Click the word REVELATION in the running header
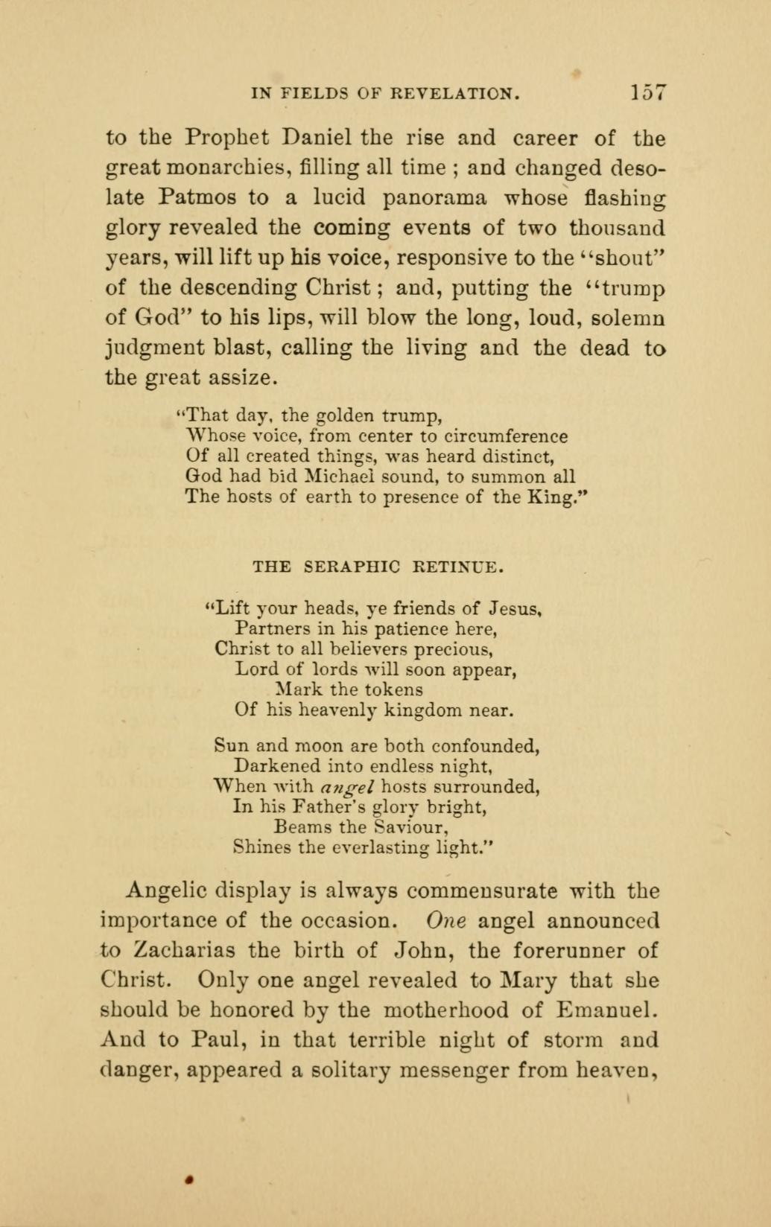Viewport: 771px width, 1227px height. click(455, 94)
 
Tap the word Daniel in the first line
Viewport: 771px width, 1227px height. click(317, 138)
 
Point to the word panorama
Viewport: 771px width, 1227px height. click(435, 197)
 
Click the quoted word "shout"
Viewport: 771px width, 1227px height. click(621, 258)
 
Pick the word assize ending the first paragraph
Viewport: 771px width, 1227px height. click(241, 377)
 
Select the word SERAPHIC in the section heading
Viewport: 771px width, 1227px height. click(353, 567)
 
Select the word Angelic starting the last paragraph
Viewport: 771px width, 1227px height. click(166, 890)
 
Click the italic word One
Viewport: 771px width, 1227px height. click(445, 920)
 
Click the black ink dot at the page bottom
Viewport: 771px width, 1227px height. click(191, 1179)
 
